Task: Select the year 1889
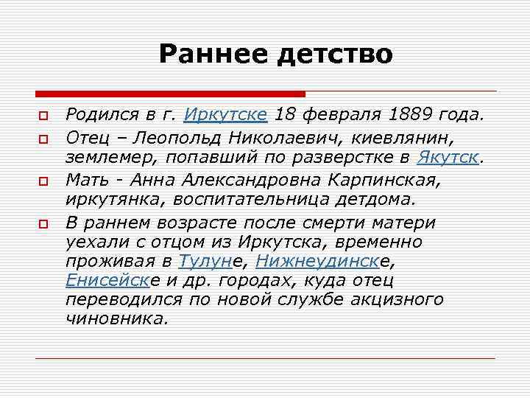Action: point(411,115)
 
